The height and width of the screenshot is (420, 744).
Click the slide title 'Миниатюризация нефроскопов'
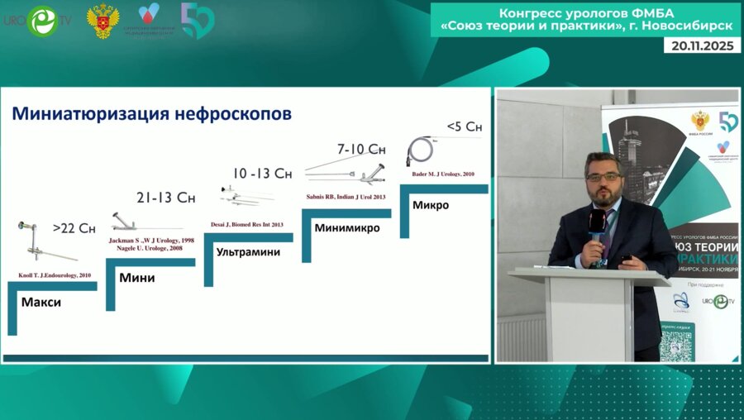coord(151,114)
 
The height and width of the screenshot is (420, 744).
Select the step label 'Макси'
coord(41,303)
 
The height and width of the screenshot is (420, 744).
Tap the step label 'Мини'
coord(137,278)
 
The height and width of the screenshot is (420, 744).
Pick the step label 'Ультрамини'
coord(247,251)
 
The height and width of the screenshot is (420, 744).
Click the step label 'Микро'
coord(431,205)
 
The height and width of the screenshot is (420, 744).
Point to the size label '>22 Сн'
coord(74,227)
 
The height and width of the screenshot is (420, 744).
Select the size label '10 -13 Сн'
coord(262,173)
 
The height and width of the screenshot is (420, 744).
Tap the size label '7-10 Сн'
coord(361,149)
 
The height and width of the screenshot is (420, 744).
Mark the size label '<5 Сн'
coord(464,126)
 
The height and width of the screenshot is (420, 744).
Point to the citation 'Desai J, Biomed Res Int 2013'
coord(247,224)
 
